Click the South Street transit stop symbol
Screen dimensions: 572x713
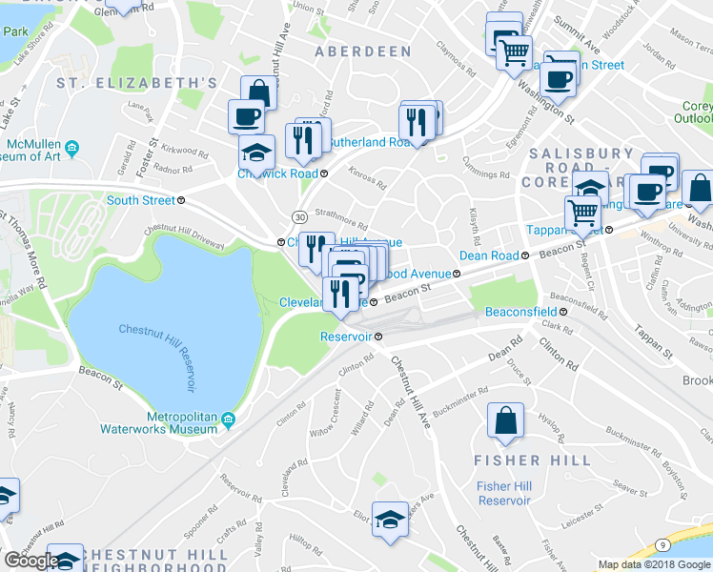tap(181, 200)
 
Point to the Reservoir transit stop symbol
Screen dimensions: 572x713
tap(378, 337)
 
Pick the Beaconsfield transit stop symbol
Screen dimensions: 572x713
tap(563, 312)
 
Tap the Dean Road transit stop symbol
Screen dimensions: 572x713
tap(524, 255)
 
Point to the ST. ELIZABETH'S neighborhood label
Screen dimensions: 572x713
tap(136, 83)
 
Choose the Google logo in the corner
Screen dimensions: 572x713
tap(31, 561)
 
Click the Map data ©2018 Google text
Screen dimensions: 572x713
tap(654, 564)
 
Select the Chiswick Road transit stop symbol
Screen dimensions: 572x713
tap(324, 174)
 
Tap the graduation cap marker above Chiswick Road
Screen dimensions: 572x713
tap(255, 153)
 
